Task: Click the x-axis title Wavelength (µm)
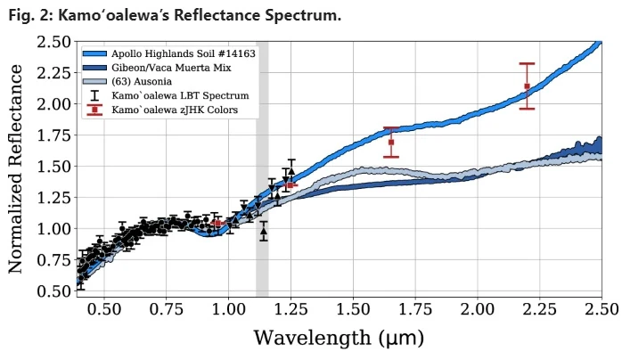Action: [339, 339]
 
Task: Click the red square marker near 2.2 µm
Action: [527, 86]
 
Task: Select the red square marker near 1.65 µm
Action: [391, 142]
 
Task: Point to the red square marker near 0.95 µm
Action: [217, 224]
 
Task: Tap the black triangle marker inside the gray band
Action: [263, 230]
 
